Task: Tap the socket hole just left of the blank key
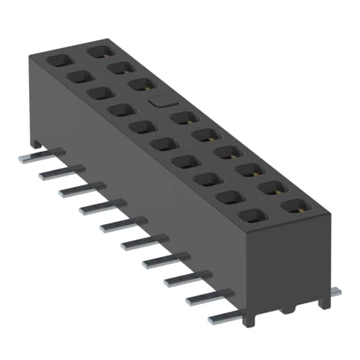pyautogui.click(x=119, y=110)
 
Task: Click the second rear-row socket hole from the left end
pyautogui.click(x=120, y=68)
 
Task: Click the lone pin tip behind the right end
pyautogui.click(x=335, y=291)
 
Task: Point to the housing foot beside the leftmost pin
pyautogui.click(x=36, y=144)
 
